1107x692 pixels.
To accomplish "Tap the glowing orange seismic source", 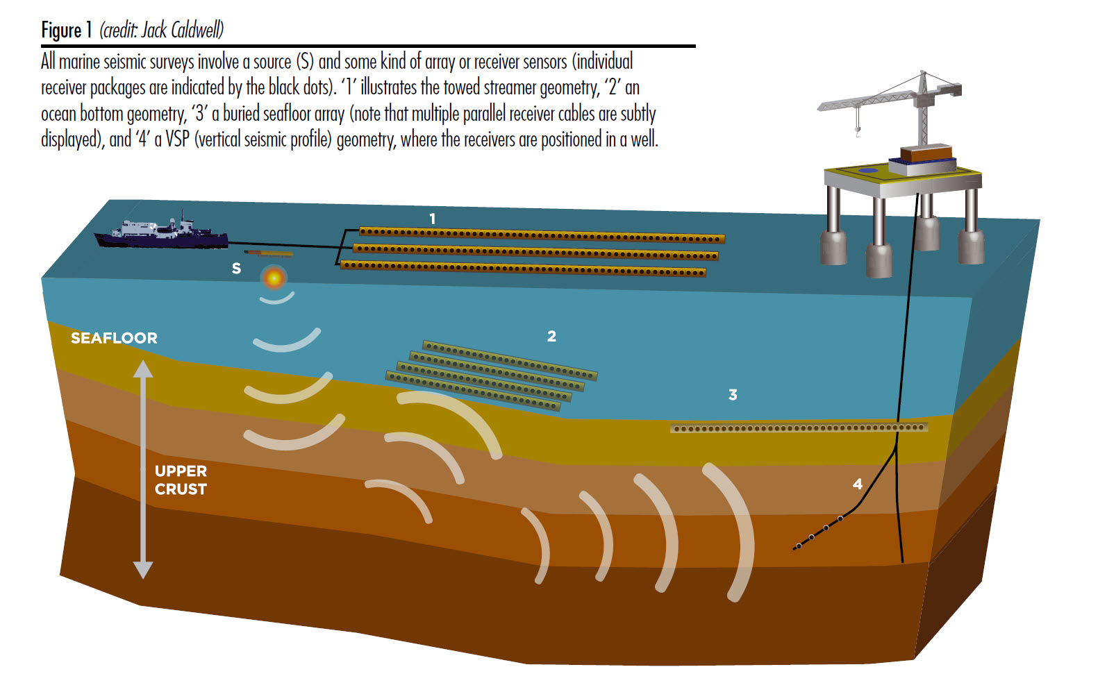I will click(274, 278).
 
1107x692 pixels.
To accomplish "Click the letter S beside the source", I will click(236, 269).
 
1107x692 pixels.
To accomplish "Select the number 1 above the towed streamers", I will click(432, 219).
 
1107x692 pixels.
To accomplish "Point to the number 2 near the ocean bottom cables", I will click(551, 336).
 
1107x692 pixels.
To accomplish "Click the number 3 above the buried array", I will click(733, 395).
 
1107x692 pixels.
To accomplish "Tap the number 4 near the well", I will click(858, 484).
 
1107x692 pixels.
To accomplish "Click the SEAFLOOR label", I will click(114, 338).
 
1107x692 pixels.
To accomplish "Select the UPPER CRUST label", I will click(181, 480).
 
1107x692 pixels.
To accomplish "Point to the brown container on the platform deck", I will click(926, 153).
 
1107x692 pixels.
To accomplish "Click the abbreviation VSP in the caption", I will click(177, 140).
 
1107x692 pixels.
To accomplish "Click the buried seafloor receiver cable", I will click(799, 428).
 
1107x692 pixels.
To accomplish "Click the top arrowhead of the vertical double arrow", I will click(143, 369).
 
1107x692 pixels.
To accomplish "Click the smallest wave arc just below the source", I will click(276, 299).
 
